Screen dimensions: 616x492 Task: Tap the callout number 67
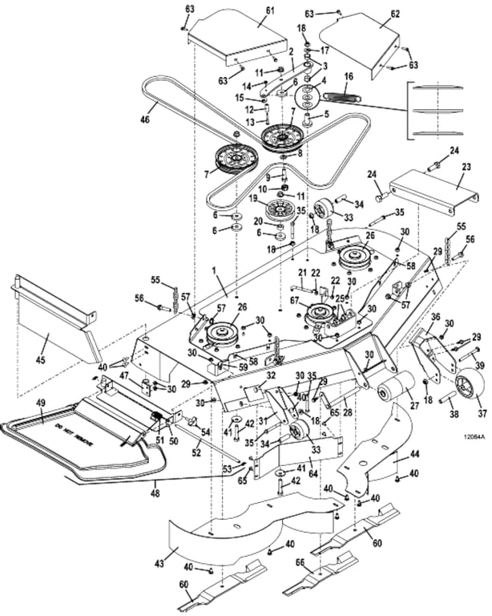click(x=294, y=301)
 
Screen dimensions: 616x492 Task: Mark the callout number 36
click(x=435, y=317)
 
